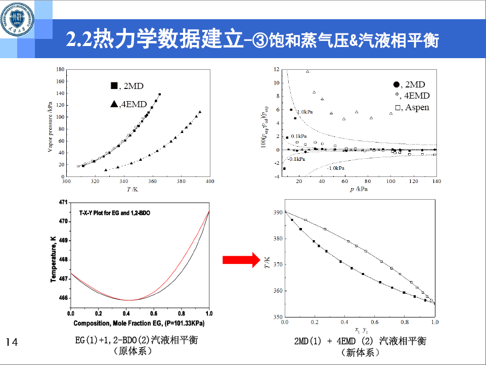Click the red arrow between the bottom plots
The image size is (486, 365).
point(241,260)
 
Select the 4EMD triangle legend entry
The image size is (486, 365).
point(128,105)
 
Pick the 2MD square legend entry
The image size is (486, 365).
point(127,86)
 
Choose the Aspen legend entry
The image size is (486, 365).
point(412,107)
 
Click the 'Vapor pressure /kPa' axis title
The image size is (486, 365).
point(50,123)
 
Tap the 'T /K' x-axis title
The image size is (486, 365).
point(132,189)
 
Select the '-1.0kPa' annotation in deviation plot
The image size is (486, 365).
point(336,168)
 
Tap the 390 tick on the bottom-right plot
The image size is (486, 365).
point(277,212)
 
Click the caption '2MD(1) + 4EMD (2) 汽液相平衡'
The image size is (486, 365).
point(361,341)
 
